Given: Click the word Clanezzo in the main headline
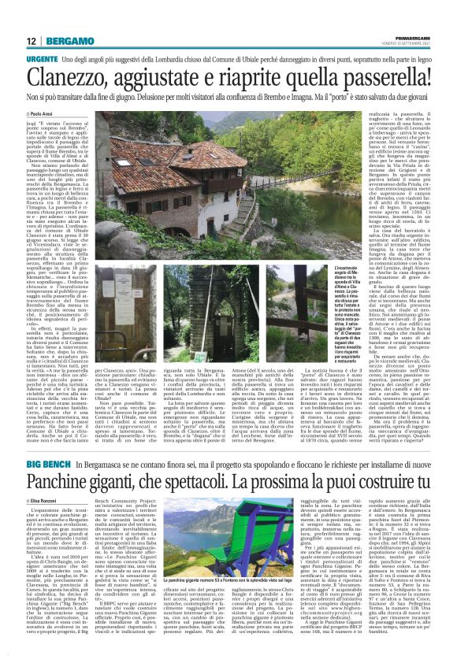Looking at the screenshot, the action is [x=80, y=80].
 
